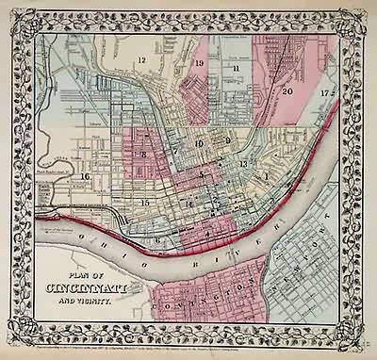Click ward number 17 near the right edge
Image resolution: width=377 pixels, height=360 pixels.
click(x=324, y=93)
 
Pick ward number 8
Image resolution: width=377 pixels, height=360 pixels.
click(x=144, y=154)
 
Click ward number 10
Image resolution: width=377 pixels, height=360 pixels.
click(x=199, y=142)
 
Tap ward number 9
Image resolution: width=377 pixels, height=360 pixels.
click(x=227, y=140)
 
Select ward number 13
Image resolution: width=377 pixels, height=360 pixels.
click(x=244, y=164)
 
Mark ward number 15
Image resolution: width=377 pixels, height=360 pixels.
click(x=144, y=202)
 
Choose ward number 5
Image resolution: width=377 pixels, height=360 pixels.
click(x=202, y=174)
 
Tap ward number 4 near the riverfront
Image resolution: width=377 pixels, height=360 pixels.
click(x=206, y=231)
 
